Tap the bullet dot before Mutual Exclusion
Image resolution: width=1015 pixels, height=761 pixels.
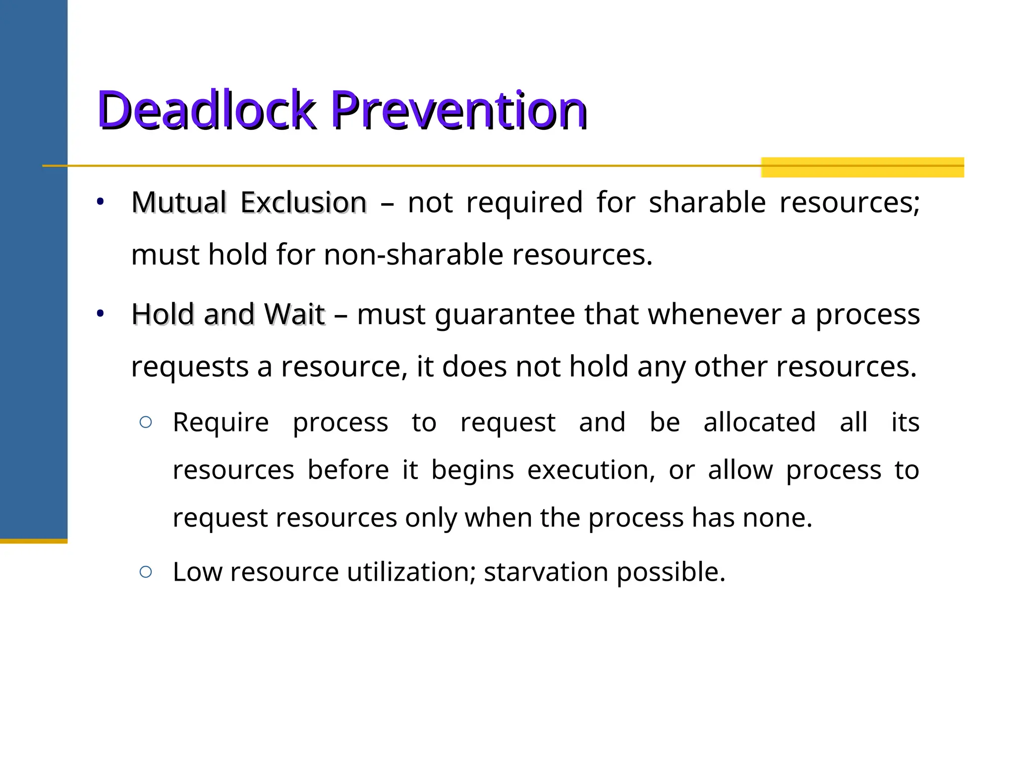point(100,202)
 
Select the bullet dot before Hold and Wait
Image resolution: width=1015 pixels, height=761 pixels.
point(100,313)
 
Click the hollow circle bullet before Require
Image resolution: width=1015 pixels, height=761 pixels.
point(146,422)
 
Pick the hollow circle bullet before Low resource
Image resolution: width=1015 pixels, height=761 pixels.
point(146,572)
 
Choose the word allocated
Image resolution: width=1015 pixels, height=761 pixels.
point(759,423)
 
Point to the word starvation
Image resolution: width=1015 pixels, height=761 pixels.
point(546,572)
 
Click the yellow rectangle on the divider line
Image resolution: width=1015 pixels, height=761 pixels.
point(862,167)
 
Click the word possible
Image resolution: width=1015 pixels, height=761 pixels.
point(670,573)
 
